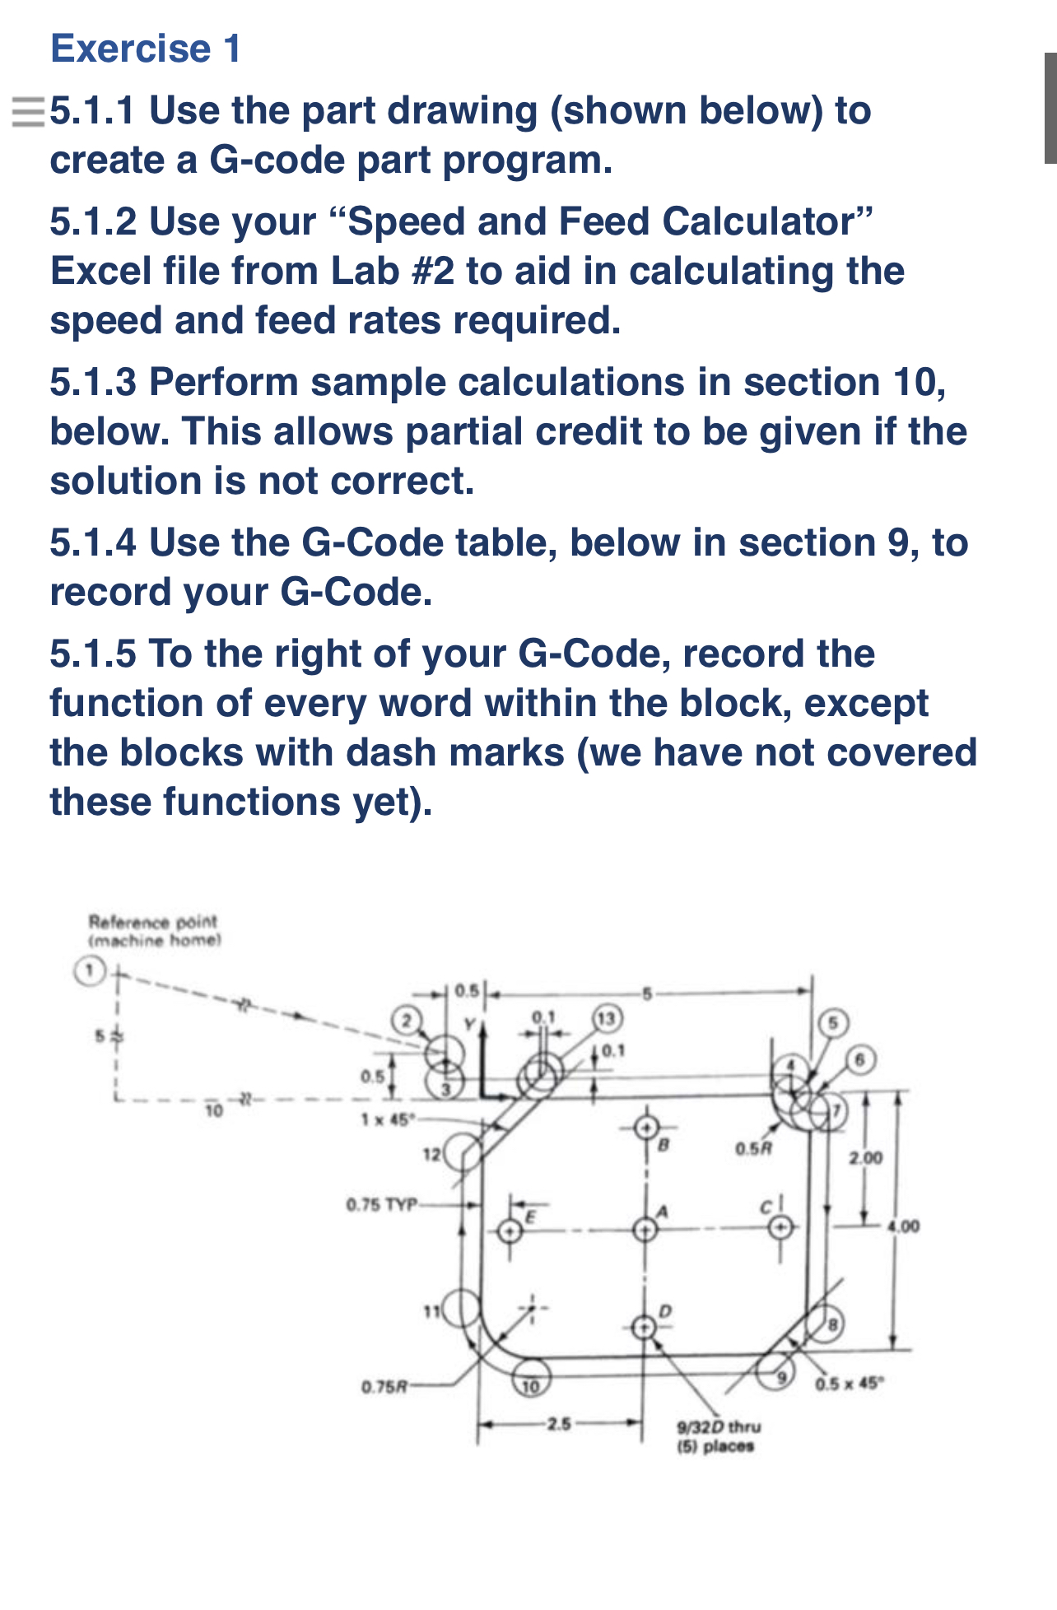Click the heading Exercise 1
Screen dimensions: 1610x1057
(x=146, y=49)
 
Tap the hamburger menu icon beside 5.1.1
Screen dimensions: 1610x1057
(x=27, y=111)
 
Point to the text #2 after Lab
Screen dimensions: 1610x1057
(x=432, y=272)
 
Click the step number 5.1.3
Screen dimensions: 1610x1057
(x=93, y=383)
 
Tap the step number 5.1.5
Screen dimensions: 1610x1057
(x=93, y=654)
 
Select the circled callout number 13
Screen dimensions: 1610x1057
(x=607, y=1018)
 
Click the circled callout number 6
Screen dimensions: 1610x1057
(x=859, y=1060)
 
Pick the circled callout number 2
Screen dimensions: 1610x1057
(x=404, y=1021)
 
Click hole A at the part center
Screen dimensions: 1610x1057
(x=645, y=1230)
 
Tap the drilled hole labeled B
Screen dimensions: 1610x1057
(x=646, y=1127)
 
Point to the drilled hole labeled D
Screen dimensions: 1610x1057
(x=644, y=1326)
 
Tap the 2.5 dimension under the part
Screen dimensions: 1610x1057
(x=559, y=1422)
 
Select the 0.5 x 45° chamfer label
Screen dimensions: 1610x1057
(x=848, y=1382)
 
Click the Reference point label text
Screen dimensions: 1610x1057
(x=153, y=922)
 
